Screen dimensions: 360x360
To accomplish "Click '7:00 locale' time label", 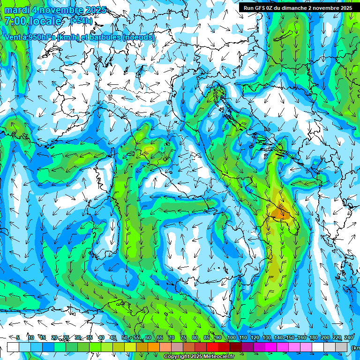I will [33, 21].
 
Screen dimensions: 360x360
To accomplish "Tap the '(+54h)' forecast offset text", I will [82, 21].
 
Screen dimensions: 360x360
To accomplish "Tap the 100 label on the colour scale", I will [231, 337].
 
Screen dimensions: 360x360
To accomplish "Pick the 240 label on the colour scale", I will [348, 337].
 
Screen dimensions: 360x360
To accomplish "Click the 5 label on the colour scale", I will [18, 337].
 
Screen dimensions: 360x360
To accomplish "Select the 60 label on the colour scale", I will [148, 337].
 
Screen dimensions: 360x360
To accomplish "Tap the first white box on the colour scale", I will [13, 347].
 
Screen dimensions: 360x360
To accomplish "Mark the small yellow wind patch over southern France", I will [149, 149].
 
